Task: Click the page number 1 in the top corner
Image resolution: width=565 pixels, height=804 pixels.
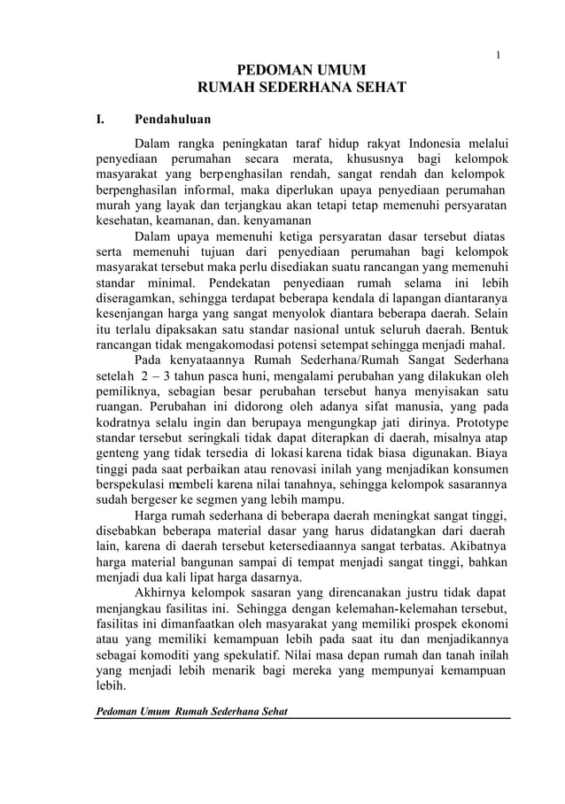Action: click(x=499, y=56)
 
